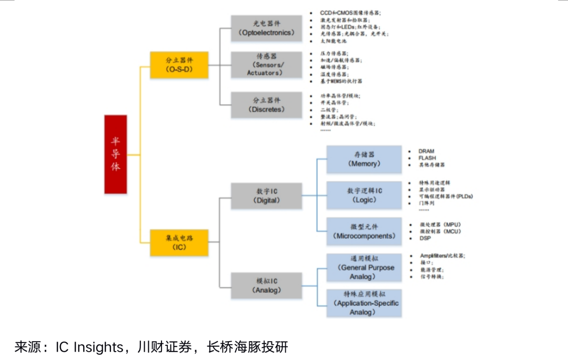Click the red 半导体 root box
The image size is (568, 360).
click(115, 155)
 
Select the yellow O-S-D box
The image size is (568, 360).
click(179, 65)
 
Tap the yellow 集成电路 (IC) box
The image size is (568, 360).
click(179, 242)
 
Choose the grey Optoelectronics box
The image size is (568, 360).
click(266, 28)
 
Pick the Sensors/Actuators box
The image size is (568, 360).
click(266, 65)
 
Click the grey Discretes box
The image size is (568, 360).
click(266, 105)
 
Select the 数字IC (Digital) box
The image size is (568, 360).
click(266, 196)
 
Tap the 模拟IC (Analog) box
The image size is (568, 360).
click(266, 285)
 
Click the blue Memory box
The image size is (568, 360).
click(363, 159)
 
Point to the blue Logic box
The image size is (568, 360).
click(363, 196)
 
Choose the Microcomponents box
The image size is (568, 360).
click(363, 232)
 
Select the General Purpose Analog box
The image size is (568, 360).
click(363, 268)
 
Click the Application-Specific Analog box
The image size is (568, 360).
click(363, 303)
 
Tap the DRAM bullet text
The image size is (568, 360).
click(427, 151)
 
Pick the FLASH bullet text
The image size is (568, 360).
click(427, 158)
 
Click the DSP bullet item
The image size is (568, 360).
click(425, 239)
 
